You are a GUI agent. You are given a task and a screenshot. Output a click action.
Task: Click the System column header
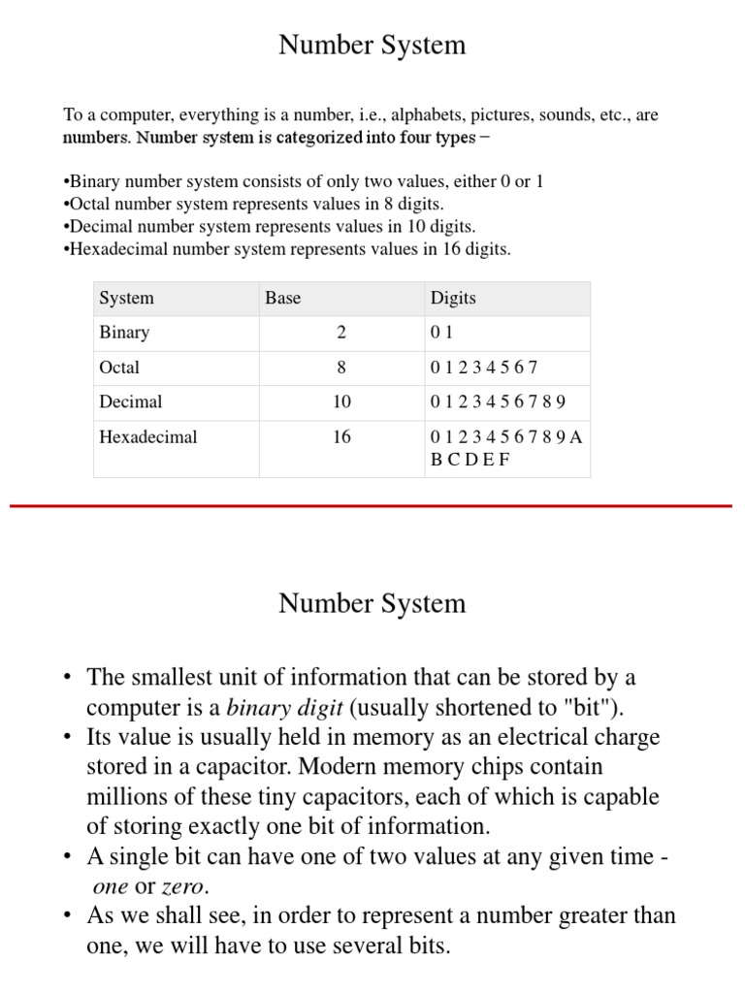[126, 298]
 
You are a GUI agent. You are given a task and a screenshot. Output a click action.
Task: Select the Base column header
[282, 298]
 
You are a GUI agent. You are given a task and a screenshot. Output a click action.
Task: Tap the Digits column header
[453, 298]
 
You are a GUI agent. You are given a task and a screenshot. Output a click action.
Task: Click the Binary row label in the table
[124, 333]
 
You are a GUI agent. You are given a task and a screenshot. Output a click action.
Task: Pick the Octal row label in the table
[119, 368]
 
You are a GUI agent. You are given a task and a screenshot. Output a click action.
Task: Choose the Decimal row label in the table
[130, 401]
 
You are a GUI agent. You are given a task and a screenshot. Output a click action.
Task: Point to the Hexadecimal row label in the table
[147, 437]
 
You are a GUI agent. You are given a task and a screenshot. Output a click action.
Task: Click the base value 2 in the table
[340, 333]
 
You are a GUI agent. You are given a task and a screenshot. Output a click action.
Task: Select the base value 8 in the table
[340, 368]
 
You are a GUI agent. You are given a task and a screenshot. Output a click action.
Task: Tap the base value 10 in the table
[340, 401]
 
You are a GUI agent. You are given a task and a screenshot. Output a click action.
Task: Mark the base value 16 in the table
[340, 437]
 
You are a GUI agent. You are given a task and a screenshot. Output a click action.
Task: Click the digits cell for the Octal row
[483, 368]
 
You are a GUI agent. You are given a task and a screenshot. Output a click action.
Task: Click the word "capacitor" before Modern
[240, 767]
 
